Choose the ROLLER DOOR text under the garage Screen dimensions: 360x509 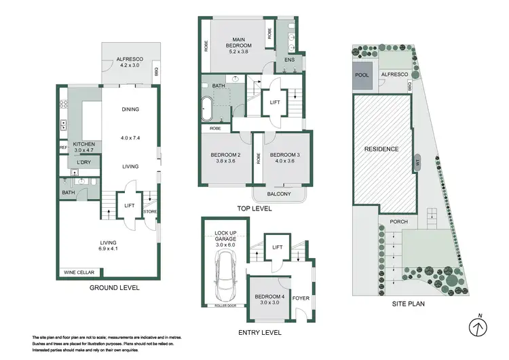[x=225, y=305]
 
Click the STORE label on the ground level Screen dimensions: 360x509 [x=151, y=212]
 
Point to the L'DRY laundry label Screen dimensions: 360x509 [x=84, y=162]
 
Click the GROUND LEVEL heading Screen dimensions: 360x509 [x=115, y=287]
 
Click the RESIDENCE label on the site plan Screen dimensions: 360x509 [x=381, y=149]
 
